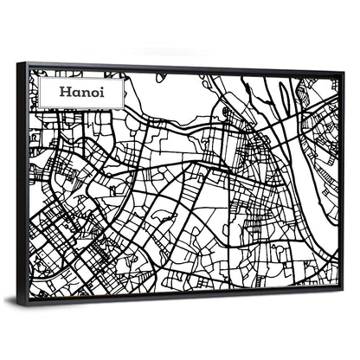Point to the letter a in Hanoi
[x=75, y=93]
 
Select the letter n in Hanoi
[x=84, y=93]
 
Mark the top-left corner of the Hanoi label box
[x=41, y=77]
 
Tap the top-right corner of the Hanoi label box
[x=124, y=77]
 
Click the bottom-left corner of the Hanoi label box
[x=41, y=108]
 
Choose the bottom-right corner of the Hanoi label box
[x=124, y=108]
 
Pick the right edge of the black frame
[x=344, y=182]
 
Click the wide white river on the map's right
[x=322, y=173]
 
